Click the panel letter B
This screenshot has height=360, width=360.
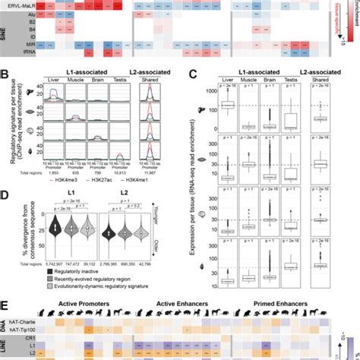pyautogui.click(x=5, y=74)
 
